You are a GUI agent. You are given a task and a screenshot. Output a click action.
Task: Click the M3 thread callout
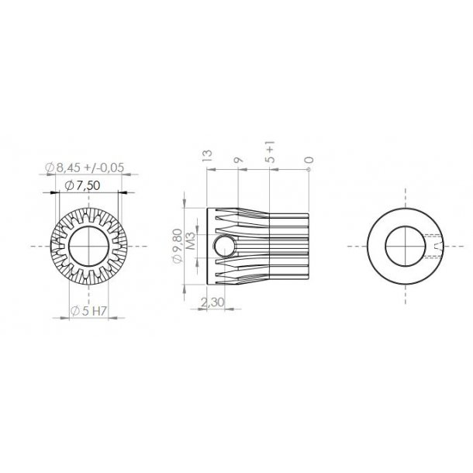188,246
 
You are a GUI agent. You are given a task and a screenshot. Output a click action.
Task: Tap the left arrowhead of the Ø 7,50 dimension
56,192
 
